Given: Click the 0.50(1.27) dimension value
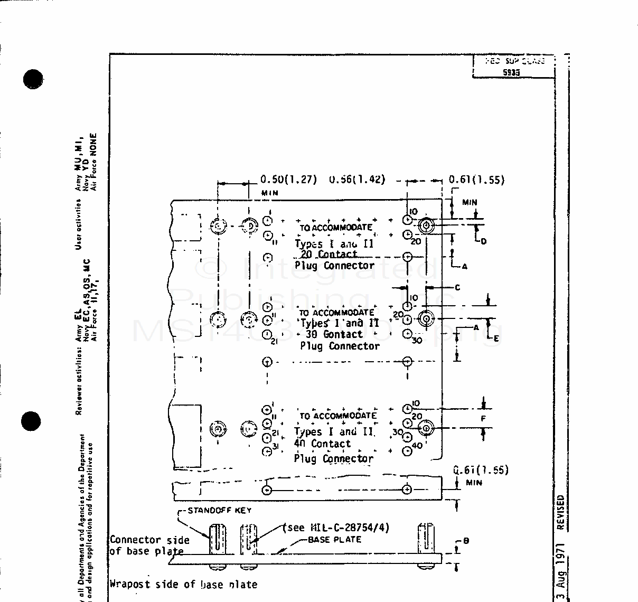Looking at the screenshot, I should pyautogui.click(x=288, y=180).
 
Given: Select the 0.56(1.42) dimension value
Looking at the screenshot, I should pyautogui.click(x=357, y=180).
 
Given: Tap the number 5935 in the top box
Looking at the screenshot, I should pyautogui.click(x=511, y=73).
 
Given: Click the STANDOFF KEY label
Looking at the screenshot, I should pyautogui.click(x=219, y=510).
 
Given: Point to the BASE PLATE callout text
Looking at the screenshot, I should pyautogui.click(x=334, y=539).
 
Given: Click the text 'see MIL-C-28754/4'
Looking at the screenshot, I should pyautogui.click(x=337, y=528).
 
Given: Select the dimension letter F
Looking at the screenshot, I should pyautogui.click(x=483, y=419).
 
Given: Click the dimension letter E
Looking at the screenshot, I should pyautogui.click(x=495, y=338).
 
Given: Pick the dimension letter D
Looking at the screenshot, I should pyautogui.click(x=483, y=241).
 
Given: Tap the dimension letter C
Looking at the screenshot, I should pyautogui.click(x=457, y=287).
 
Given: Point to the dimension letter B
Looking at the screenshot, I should pyautogui.click(x=466, y=541).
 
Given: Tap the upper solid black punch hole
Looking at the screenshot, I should pyautogui.click(x=33, y=79).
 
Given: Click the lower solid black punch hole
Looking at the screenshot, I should pyautogui.click(x=31, y=421).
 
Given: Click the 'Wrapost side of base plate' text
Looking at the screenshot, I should pyautogui.click(x=183, y=584).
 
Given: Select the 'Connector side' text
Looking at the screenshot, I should pyautogui.click(x=149, y=540).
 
